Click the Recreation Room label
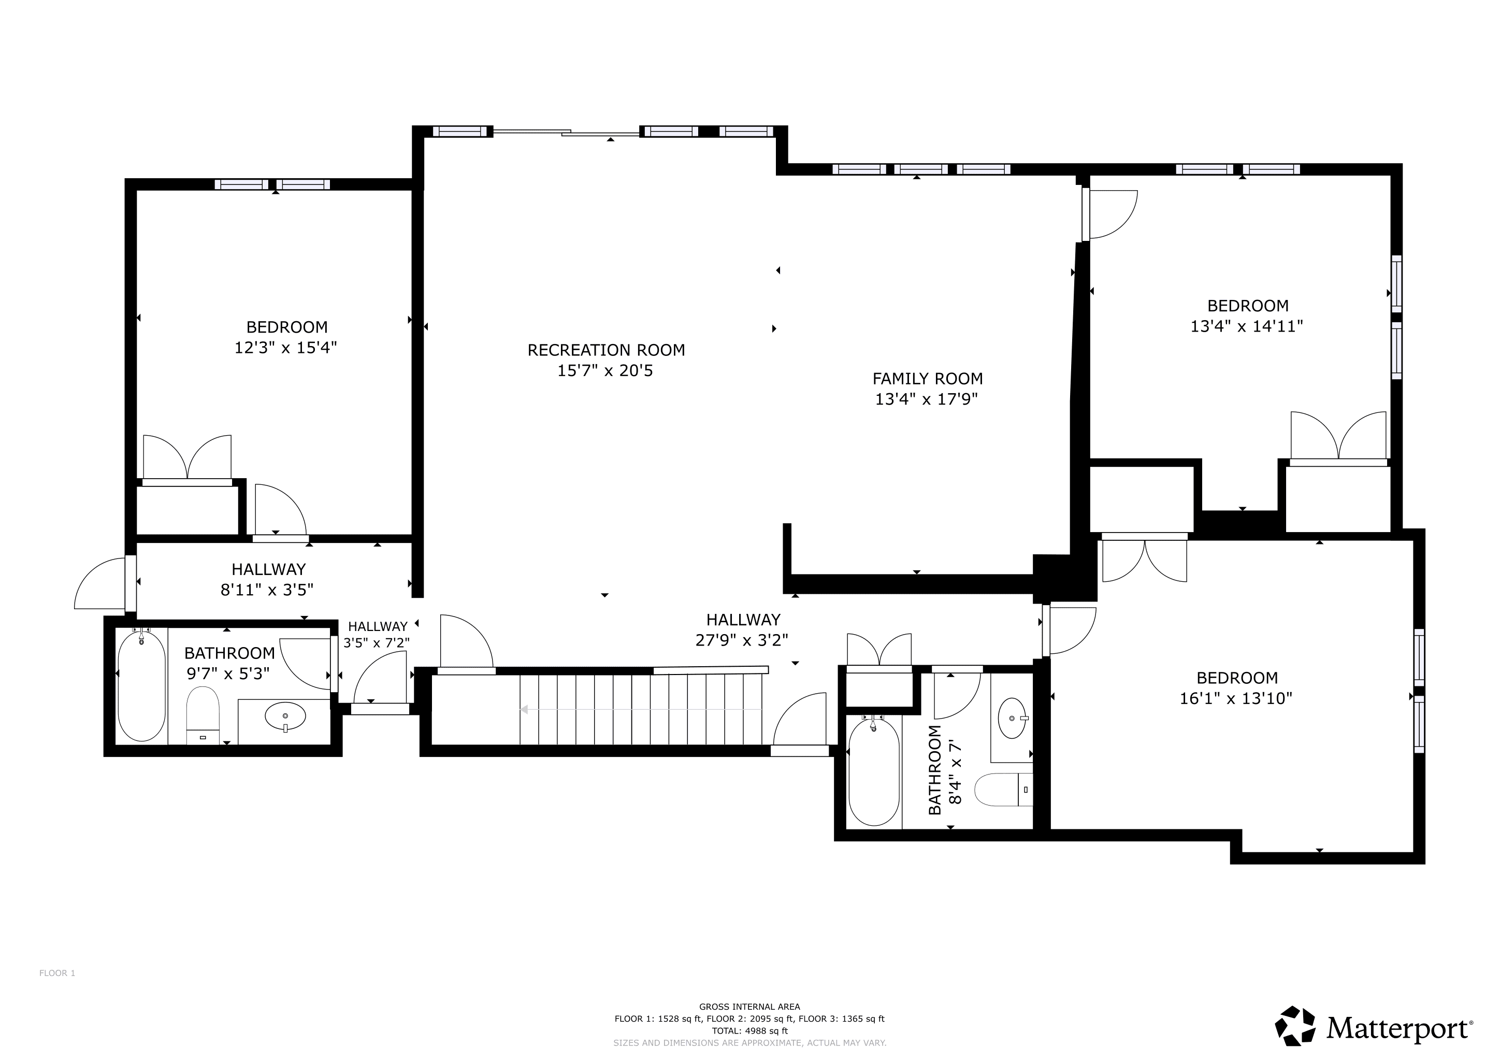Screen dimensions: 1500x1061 (x=607, y=350)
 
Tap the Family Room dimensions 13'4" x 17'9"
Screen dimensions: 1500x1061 (x=927, y=399)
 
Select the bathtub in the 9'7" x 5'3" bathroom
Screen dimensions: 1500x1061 (x=141, y=685)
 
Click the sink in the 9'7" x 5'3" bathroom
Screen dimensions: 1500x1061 (x=285, y=716)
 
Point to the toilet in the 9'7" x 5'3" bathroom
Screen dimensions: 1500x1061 (x=203, y=715)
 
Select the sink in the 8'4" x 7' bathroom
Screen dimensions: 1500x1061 (x=1013, y=718)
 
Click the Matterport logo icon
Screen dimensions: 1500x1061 (x=1295, y=1026)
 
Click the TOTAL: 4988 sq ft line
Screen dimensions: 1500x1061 (x=749, y=1031)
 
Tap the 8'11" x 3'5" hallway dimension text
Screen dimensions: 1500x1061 (x=267, y=590)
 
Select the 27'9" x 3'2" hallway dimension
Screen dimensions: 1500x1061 (x=742, y=640)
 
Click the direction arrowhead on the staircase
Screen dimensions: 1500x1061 (x=523, y=710)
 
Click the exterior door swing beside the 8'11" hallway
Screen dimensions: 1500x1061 (x=100, y=583)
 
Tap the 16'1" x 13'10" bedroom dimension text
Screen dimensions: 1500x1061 (x=1236, y=698)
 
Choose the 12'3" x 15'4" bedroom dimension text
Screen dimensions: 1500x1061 (x=285, y=348)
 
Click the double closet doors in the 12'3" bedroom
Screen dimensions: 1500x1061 (x=187, y=457)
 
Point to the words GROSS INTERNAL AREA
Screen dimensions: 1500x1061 (x=749, y=1007)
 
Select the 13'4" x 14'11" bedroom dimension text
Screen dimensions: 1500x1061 (x=1247, y=327)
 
